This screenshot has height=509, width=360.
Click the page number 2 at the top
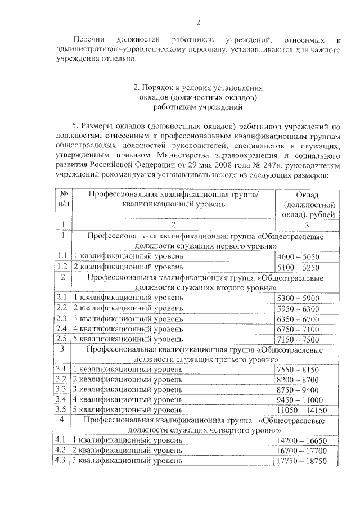(198, 22)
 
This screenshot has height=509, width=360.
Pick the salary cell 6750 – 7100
(298, 328)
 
